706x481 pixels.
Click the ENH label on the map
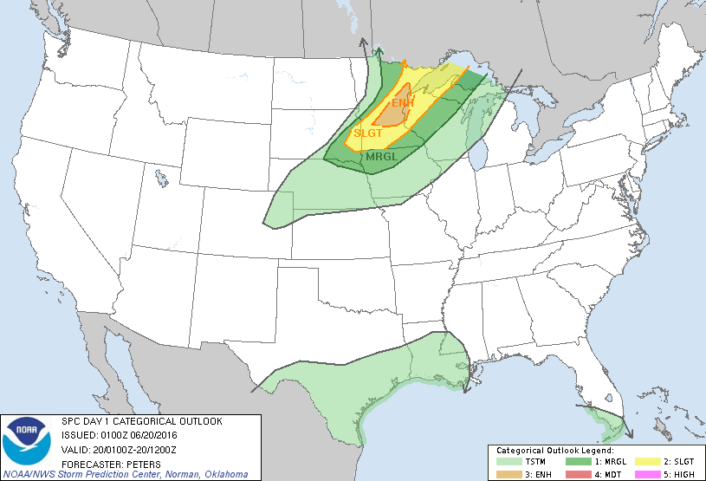(400, 103)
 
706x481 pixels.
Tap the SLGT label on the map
(368, 133)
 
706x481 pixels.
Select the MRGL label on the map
(382, 157)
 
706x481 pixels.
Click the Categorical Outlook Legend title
(554, 452)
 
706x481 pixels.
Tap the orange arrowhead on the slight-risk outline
(404, 64)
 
